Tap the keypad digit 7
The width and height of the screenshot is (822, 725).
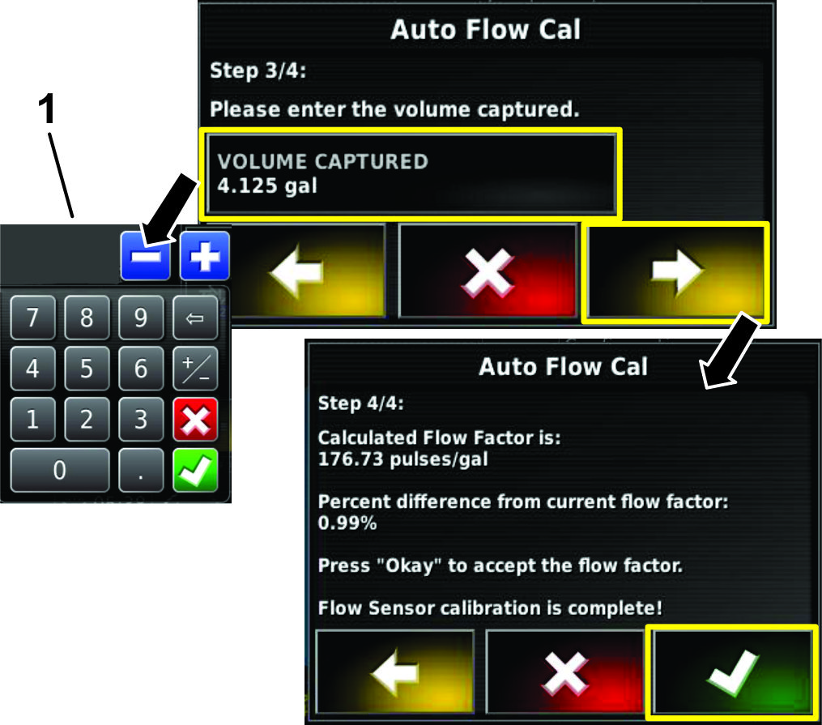[x=32, y=318]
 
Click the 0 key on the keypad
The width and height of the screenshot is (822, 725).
[x=60, y=470]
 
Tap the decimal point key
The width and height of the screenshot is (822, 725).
[x=141, y=470]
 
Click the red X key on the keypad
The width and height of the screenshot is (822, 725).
[x=195, y=420]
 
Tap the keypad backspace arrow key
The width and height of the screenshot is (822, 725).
[x=195, y=318]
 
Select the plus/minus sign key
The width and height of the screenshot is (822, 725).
[x=195, y=368]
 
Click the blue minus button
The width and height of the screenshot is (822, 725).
[x=145, y=256]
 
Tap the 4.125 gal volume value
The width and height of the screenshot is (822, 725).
[x=267, y=186]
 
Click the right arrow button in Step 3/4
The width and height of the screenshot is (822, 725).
[x=675, y=271]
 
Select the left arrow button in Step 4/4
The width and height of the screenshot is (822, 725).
[x=394, y=672]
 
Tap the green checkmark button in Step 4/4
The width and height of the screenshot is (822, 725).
[x=732, y=672]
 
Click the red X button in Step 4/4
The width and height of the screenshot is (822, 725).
[x=564, y=672]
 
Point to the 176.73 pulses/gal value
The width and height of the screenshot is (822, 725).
[x=402, y=459]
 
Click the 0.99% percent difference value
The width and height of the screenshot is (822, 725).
[x=347, y=522]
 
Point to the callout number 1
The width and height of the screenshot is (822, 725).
[x=47, y=109]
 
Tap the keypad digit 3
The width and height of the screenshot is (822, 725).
[x=141, y=420]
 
